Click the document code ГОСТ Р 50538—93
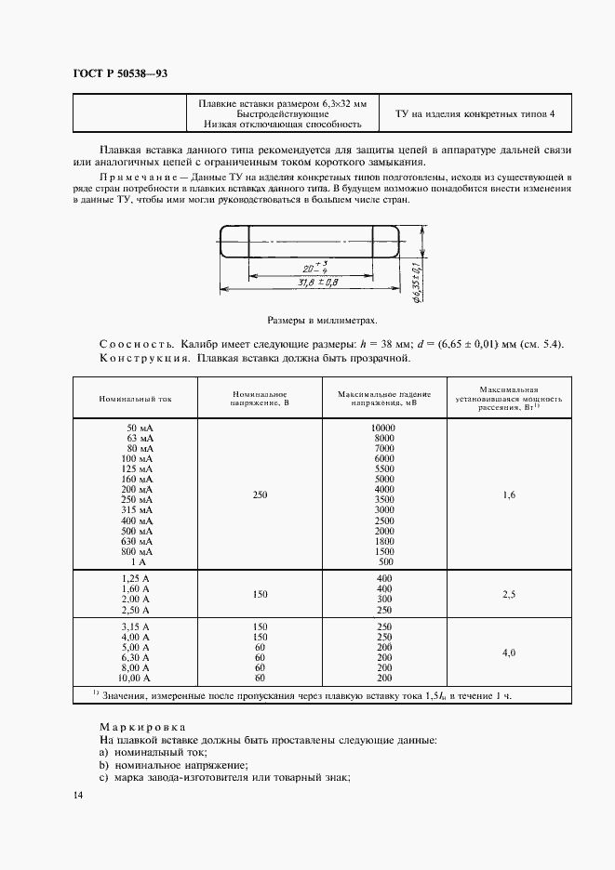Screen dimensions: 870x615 (x=119, y=73)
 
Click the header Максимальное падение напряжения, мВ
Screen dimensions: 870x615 (x=384, y=398)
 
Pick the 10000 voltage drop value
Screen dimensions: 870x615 (x=382, y=427)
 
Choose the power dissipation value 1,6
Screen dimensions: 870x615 (x=508, y=494)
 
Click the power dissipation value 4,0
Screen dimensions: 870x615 (x=508, y=653)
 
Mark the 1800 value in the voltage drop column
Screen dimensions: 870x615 (x=384, y=540)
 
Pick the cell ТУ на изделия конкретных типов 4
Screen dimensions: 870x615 (x=475, y=113)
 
